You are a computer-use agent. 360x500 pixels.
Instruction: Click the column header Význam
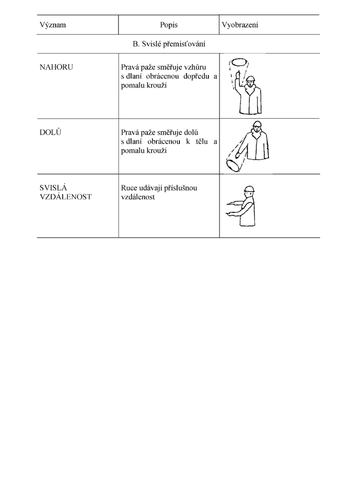pyautogui.click(x=52, y=25)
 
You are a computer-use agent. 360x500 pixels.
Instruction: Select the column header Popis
pyautogui.click(x=168, y=25)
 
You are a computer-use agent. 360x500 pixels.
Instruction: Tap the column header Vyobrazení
pyautogui.click(x=240, y=25)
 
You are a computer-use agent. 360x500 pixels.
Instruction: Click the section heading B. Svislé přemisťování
pyautogui.click(x=169, y=44)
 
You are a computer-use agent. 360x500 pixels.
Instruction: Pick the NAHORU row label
pyautogui.click(x=56, y=67)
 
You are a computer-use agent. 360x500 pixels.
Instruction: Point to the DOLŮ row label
pyautogui.click(x=50, y=132)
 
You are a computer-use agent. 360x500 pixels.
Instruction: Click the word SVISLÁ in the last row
pyautogui.click(x=53, y=188)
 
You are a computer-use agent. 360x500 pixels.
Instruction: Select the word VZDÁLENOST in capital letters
pyautogui.click(x=65, y=197)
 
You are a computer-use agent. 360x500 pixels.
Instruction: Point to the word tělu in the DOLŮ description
pyautogui.click(x=201, y=141)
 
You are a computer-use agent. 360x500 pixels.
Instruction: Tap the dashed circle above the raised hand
pyautogui.click(x=239, y=63)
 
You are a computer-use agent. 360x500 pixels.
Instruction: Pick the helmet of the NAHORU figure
pyautogui.click(x=251, y=79)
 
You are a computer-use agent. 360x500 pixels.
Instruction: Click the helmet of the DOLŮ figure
pyautogui.click(x=257, y=124)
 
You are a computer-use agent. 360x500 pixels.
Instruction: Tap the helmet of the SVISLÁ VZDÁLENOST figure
pyautogui.click(x=249, y=189)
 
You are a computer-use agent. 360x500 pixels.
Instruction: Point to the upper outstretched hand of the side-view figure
pyautogui.click(x=231, y=203)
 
